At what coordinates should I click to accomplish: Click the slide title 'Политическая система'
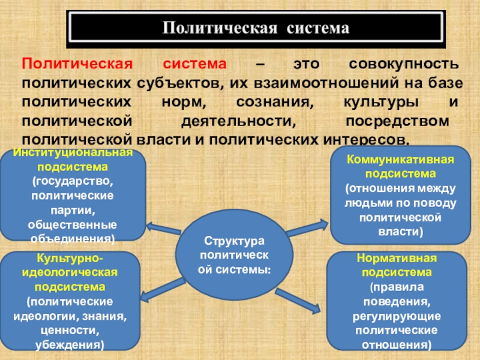256,28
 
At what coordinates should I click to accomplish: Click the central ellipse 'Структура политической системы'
235,254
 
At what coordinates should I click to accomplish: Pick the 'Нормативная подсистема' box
396,301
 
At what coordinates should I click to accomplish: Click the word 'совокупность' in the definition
404,64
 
